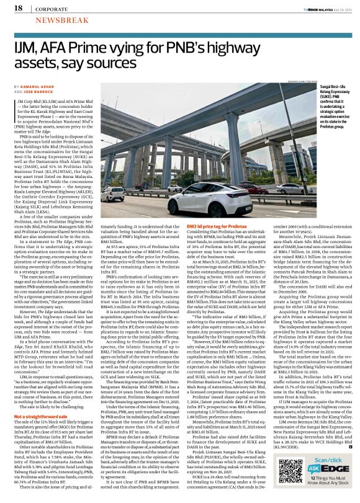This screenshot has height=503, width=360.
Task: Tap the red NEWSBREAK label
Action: [50, 20]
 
